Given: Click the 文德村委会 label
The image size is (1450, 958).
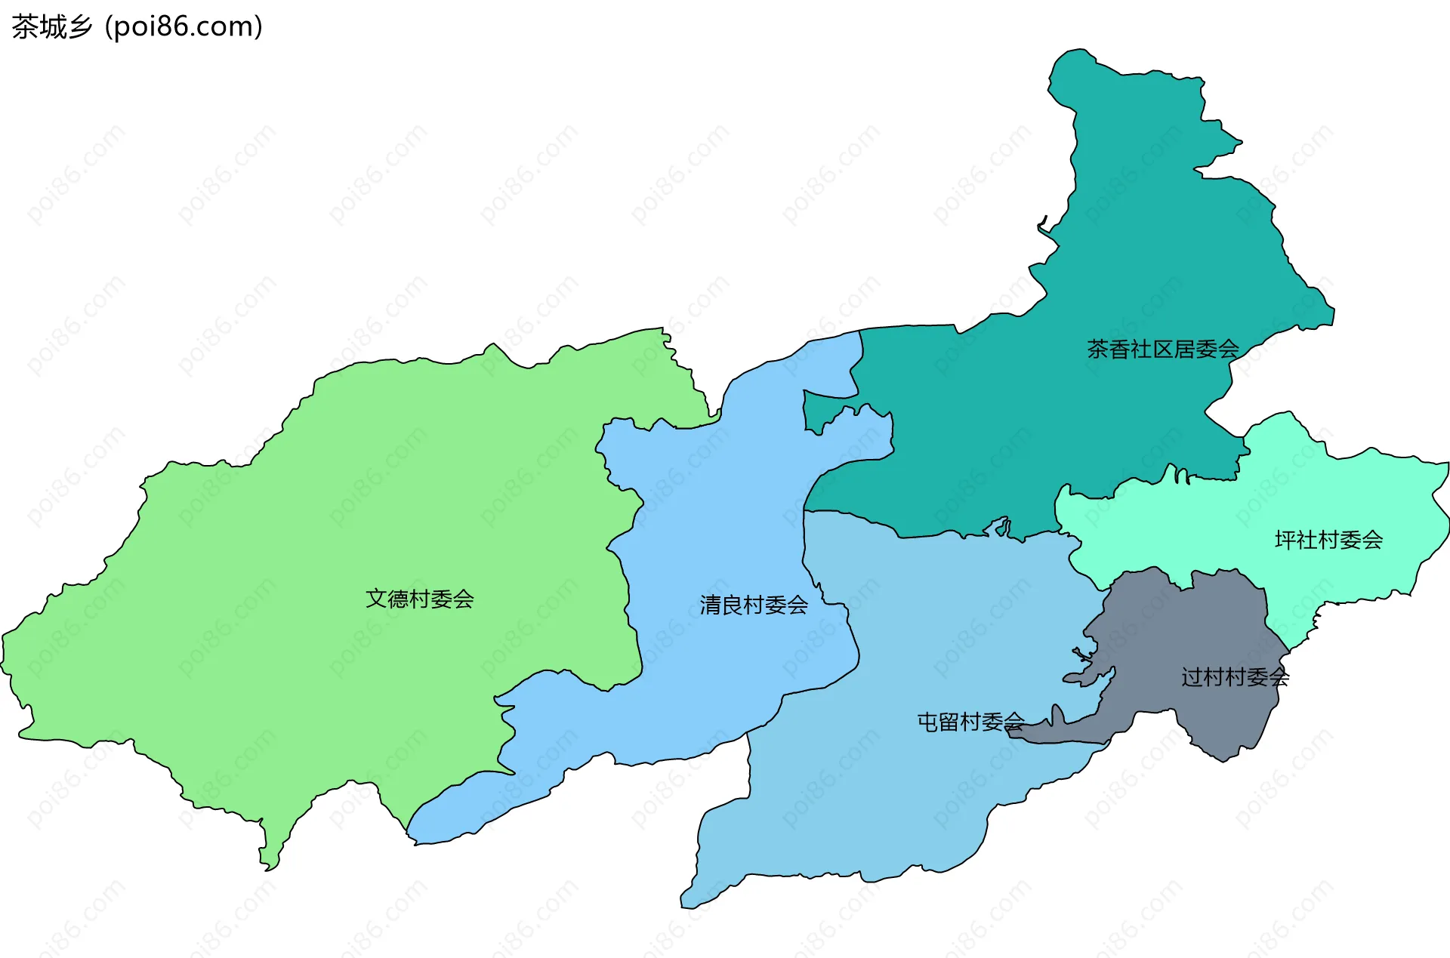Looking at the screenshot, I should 420,599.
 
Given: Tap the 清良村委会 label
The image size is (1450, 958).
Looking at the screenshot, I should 754,605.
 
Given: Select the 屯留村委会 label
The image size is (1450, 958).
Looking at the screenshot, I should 970,722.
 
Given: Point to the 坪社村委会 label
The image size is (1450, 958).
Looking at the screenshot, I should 1328,540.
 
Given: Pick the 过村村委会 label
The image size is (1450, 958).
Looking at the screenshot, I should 1235,677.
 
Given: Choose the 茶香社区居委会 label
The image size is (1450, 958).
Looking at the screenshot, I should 1163,349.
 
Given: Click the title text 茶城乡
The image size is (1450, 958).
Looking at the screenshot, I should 51,26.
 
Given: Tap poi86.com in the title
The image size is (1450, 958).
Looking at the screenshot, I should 184,26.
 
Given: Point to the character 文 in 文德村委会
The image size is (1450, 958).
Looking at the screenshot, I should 376,599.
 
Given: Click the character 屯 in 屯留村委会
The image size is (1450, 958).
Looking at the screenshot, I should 927,722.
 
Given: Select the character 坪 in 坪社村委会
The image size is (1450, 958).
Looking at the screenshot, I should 1285,540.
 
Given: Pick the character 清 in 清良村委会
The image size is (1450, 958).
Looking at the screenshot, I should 710,605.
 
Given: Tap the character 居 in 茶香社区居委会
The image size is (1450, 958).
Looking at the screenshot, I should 1184,349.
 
